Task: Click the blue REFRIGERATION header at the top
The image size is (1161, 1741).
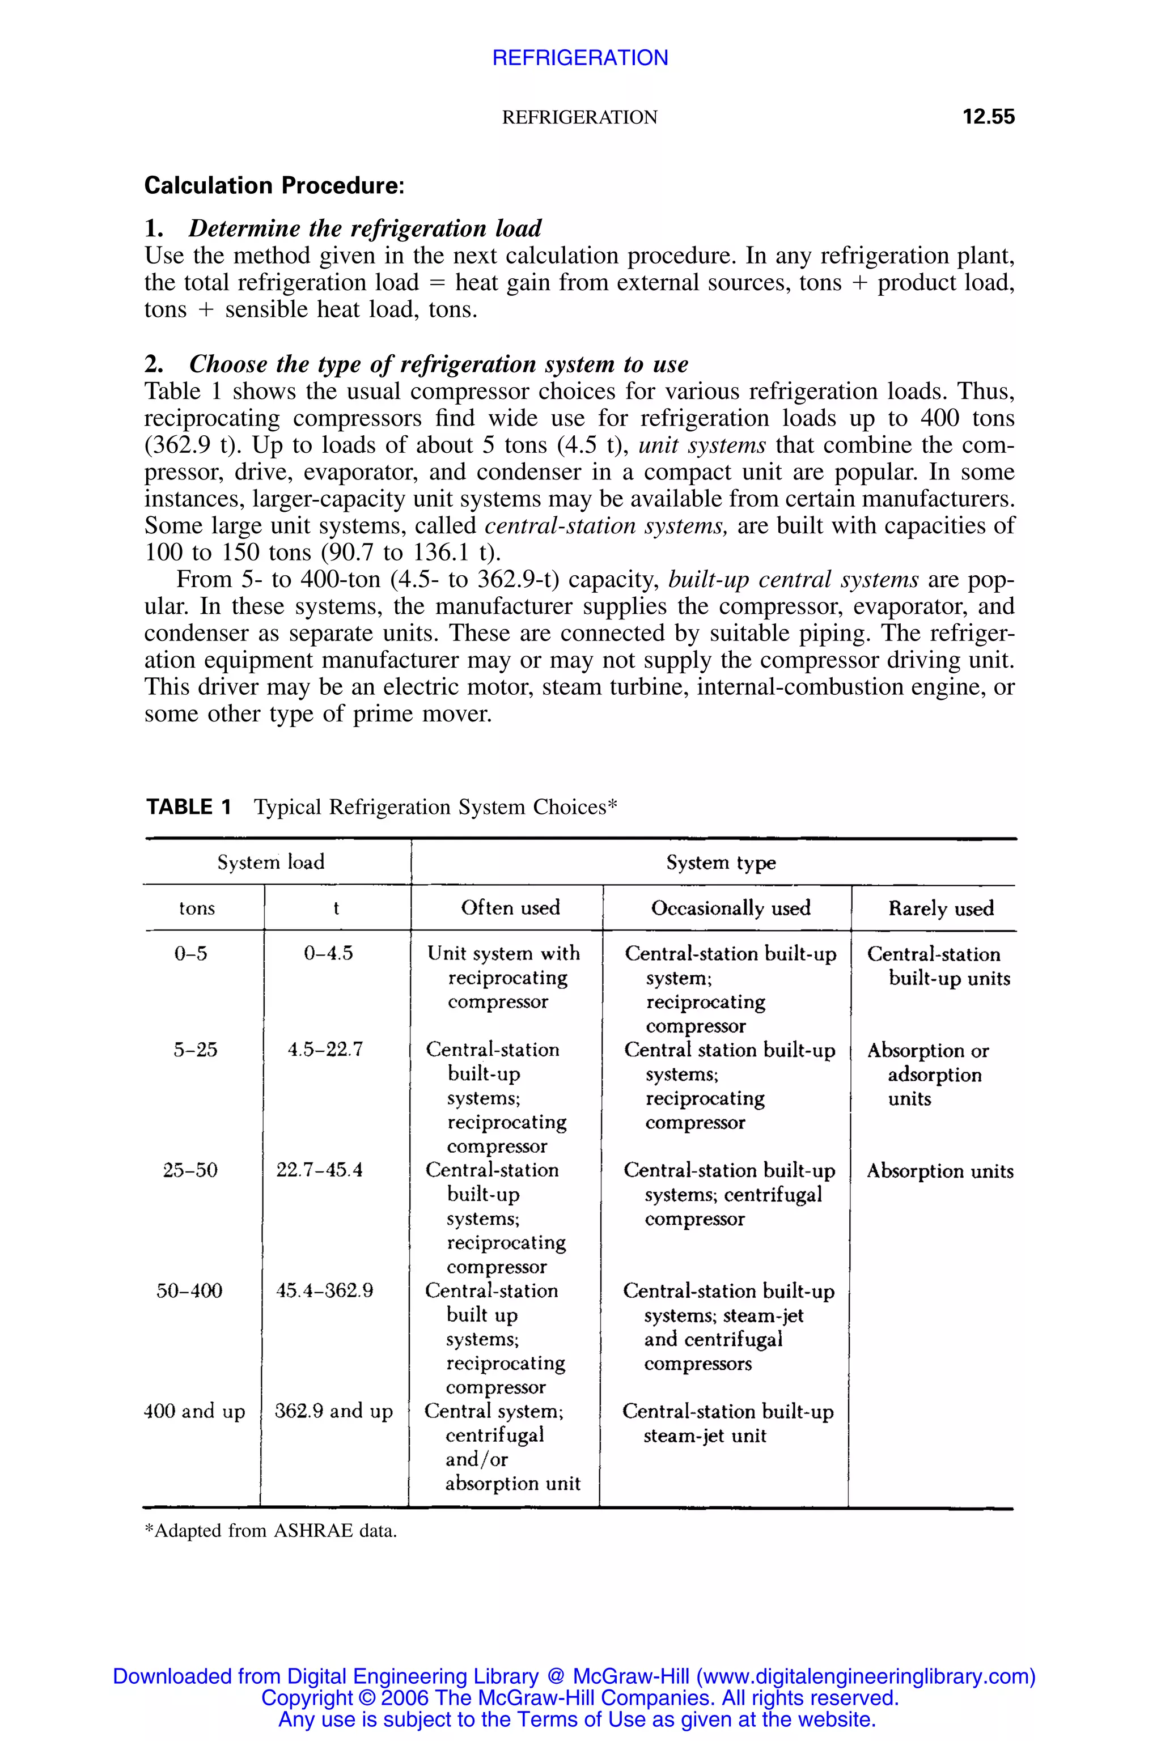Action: [x=580, y=58]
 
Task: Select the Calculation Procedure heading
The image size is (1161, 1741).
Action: [x=274, y=185]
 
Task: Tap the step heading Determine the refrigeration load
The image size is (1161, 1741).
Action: [x=365, y=228]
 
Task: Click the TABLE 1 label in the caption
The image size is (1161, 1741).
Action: [x=189, y=807]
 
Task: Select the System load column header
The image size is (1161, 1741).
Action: [x=271, y=861]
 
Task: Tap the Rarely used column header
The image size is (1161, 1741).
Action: [x=941, y=908]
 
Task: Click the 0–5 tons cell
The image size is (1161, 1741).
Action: [x=190, y=953]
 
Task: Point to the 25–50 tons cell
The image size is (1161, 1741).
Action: [x=190, y=1170]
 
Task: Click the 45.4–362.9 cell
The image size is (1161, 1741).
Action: [x=324, y=1291]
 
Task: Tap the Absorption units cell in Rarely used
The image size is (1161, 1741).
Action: [x=939, y=1171]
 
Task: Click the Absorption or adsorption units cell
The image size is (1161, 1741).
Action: [x=928, y=1074]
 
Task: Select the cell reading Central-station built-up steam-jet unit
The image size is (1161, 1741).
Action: [x=727, y=1424]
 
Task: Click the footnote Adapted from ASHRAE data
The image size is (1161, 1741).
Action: [x=270, y=1531]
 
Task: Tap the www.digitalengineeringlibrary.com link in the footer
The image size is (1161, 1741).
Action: [x=866, y=1676]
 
